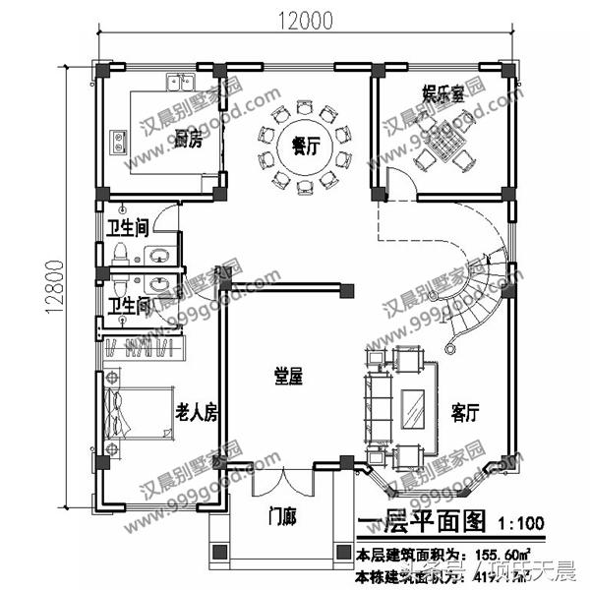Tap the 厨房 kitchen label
pos(188,139)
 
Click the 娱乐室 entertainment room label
pos(442,96)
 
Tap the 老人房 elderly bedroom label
pos(196,413)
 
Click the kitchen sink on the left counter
pos(117,141)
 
